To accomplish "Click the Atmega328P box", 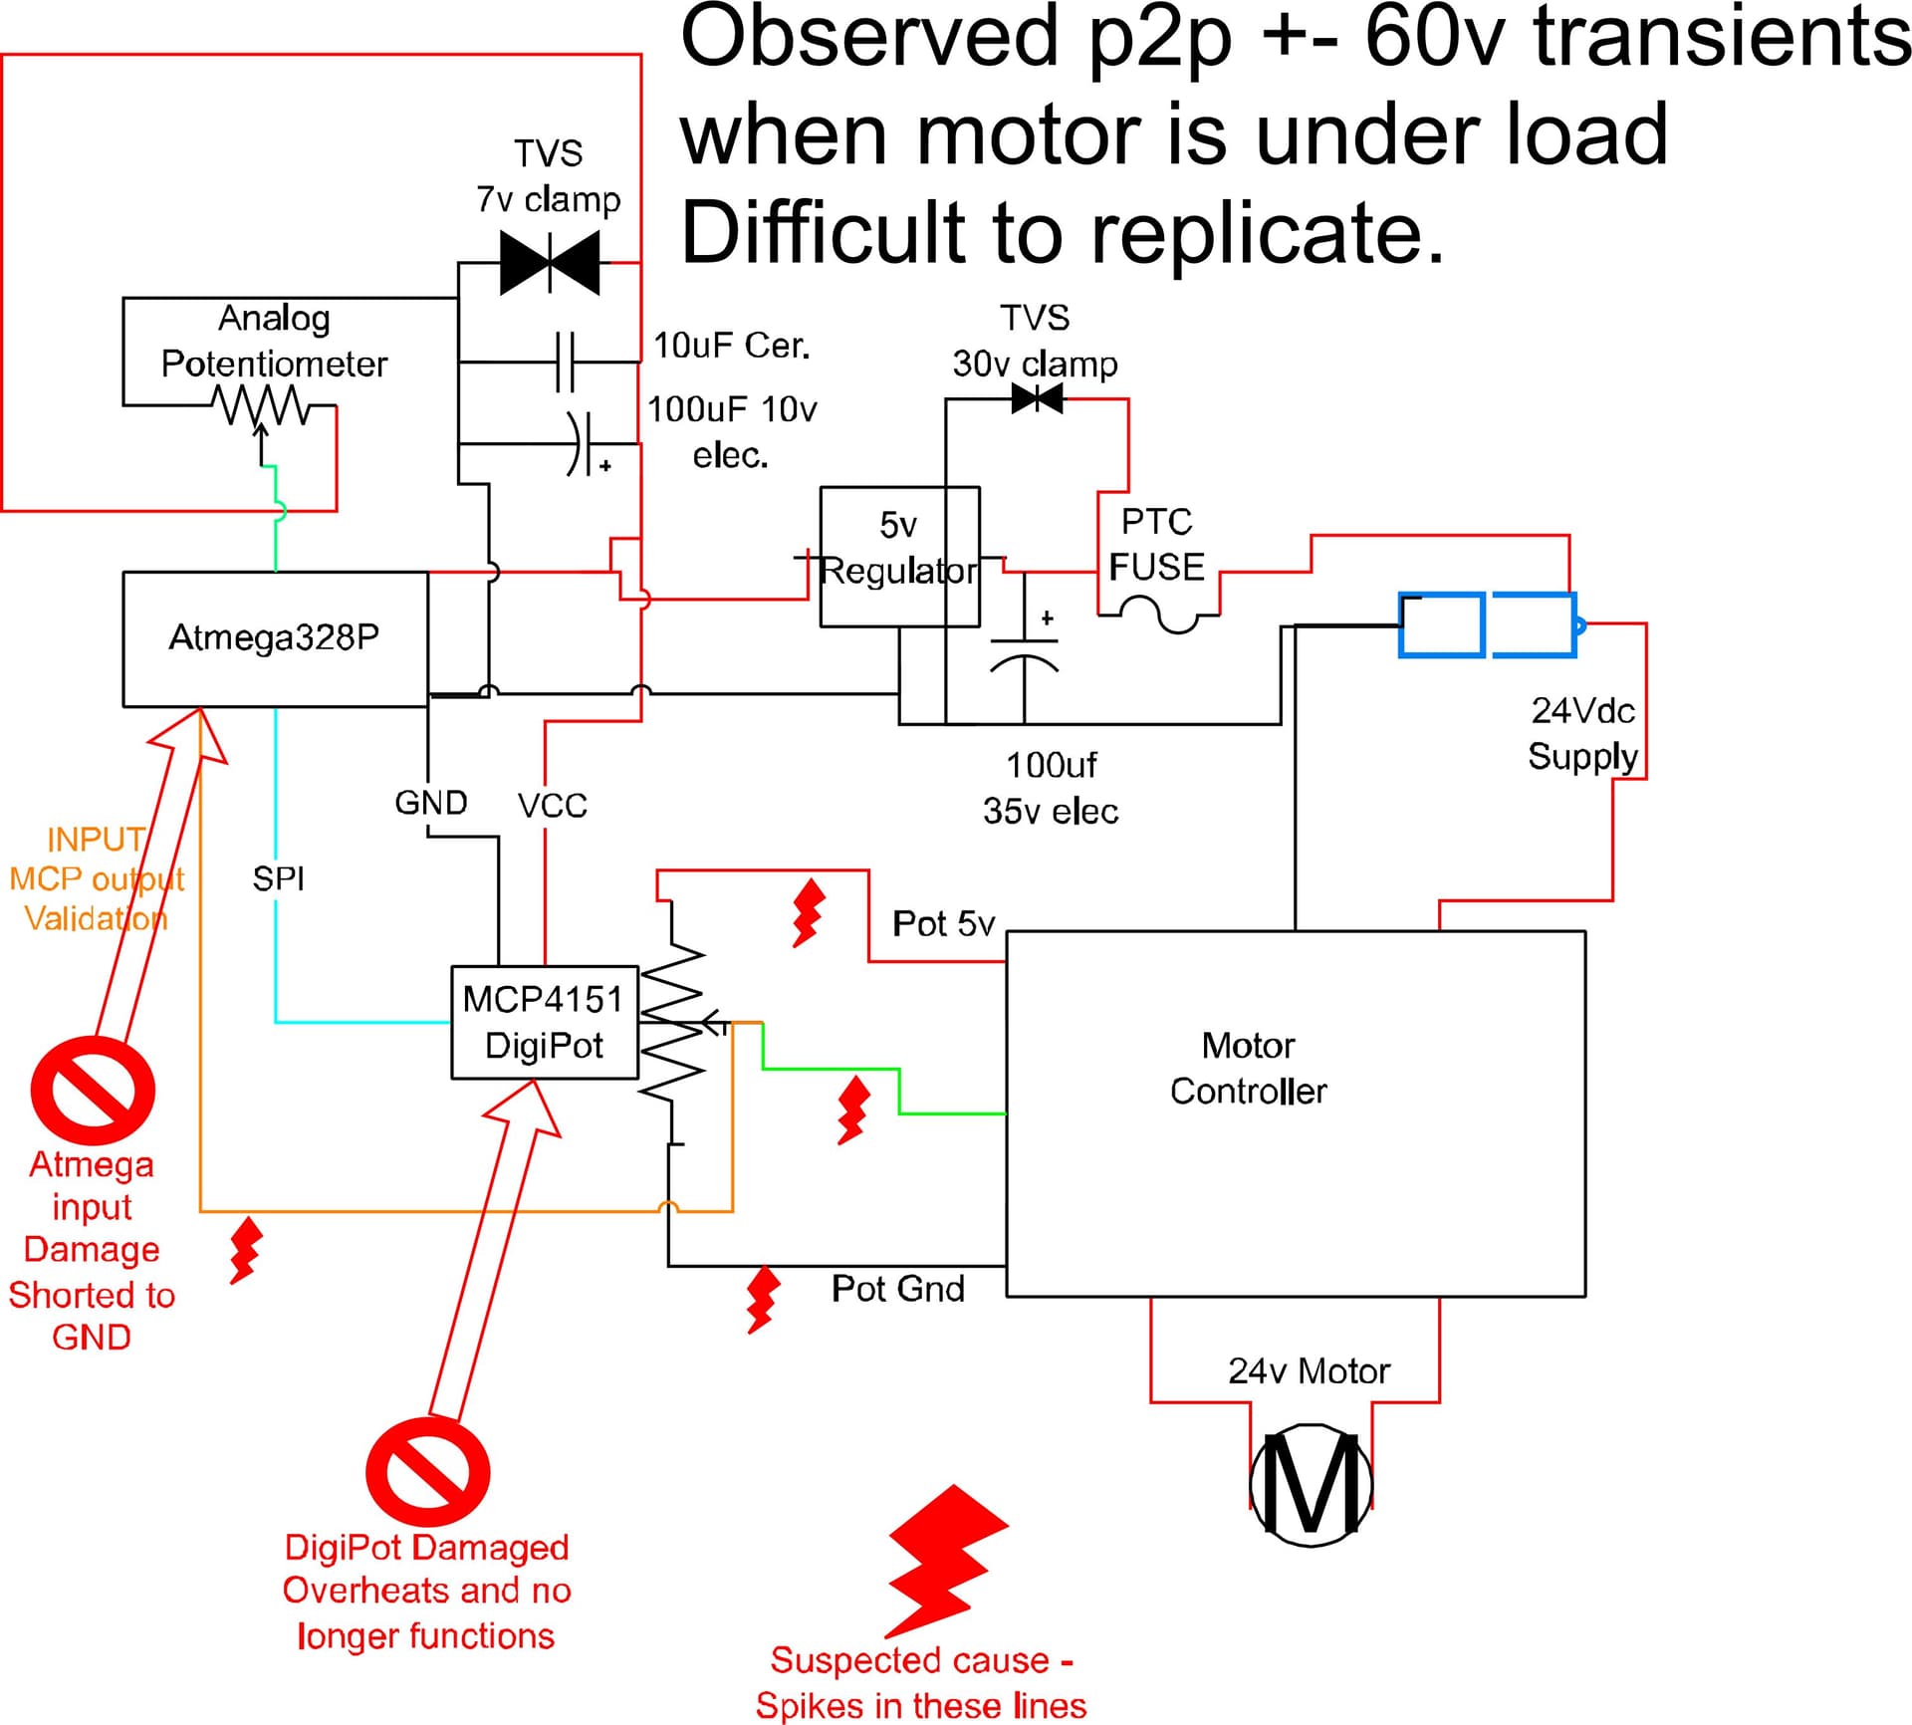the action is coord(275,638).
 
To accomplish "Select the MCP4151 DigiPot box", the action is coord(544,1022).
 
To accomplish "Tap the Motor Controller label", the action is coord(1248,1068).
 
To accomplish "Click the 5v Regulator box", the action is coord(898,556).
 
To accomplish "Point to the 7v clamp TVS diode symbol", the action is coord(550,263).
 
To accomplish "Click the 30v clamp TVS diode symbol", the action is coord(1037,399).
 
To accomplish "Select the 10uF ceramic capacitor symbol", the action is coord(565,362).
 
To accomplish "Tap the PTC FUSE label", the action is coord(1156,545).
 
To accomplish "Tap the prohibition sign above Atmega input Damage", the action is coord(93,1090).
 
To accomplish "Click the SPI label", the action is coord(278,878).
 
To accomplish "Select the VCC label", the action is coord(552,805).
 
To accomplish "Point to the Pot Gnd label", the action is coord(897,1288).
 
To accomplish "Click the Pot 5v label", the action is coord(943,923).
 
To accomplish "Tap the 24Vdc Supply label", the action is coord(1582,733).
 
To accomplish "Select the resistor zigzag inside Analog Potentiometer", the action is coord(260,404).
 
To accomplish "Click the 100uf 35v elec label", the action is coord(1050,788).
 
